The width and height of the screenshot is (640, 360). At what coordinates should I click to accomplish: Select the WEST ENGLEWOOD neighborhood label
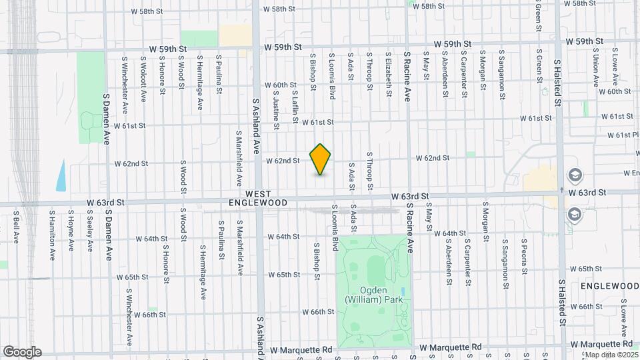point(258,197)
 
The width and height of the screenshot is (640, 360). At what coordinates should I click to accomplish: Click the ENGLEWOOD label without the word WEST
point(609,285)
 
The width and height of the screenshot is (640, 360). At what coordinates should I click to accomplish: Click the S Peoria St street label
point(525,257)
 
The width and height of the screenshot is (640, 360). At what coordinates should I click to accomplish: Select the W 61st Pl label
point(623,135)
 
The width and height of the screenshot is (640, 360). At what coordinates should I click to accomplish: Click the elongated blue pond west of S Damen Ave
point(61,174)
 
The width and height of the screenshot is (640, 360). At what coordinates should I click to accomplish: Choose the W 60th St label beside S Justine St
point(280,85)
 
